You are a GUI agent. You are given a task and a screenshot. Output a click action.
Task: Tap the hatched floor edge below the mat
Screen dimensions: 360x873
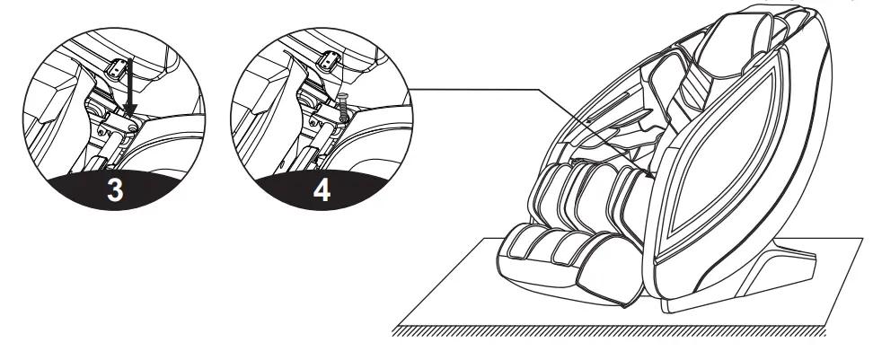[x=611, y=335]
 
